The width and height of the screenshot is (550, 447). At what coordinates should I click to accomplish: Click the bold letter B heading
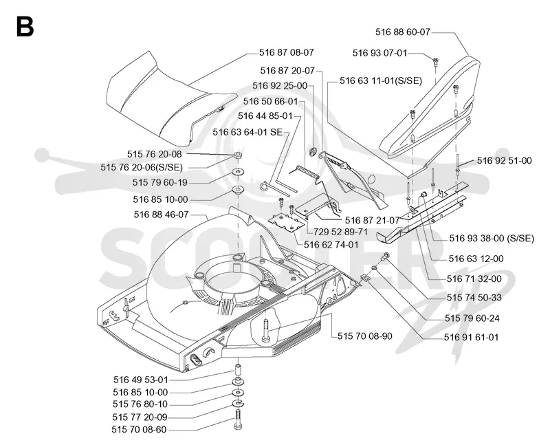[x=25, y=27]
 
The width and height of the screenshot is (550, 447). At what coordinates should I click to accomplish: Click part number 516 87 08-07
[x=287, y=52]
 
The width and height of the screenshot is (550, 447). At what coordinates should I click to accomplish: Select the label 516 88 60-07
[x=403, y=32]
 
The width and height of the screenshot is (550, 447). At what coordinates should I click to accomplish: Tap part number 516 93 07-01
[x=380, y=53]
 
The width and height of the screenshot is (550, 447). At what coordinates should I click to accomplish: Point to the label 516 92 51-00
[x=505, y=160]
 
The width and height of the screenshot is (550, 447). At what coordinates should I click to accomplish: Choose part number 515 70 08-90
[x=365, y=336]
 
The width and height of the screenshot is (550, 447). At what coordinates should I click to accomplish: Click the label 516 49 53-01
[x=141, y=380]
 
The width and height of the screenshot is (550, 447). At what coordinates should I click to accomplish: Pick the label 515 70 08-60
[x=140, y=429]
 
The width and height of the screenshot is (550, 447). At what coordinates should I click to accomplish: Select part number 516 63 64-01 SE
[x=247, y=132]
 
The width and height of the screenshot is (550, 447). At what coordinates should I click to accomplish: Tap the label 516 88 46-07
[x=162, y=214]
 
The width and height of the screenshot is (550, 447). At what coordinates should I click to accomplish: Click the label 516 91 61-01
[x=471, y=337]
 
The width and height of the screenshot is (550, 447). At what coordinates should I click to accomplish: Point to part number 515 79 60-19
[x=160, y=182]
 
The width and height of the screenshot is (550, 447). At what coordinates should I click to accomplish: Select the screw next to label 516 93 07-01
[x=435, y=62]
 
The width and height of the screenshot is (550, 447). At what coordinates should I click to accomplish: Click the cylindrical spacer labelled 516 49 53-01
[x=238, y=371]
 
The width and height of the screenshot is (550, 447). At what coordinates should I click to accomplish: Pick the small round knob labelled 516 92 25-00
[x=313, y=152]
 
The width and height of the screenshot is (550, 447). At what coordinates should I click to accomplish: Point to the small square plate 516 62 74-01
[x=286, y=222]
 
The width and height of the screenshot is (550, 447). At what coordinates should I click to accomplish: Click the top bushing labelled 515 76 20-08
[x=239, y=155]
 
